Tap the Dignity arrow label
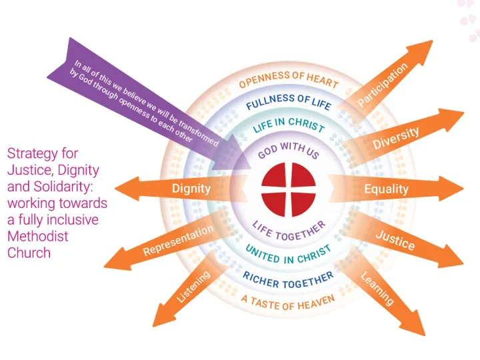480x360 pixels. [191, 188]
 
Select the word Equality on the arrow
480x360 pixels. [386, 189]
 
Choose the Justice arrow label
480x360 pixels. [395, 239]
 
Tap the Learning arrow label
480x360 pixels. [377, 289]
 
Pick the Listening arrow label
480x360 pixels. [193, 287]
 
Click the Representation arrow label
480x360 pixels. [178, 241]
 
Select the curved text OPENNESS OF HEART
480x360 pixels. [289, 79]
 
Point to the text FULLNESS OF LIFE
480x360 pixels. [289, 101]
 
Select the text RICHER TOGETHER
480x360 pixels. [288, 279]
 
